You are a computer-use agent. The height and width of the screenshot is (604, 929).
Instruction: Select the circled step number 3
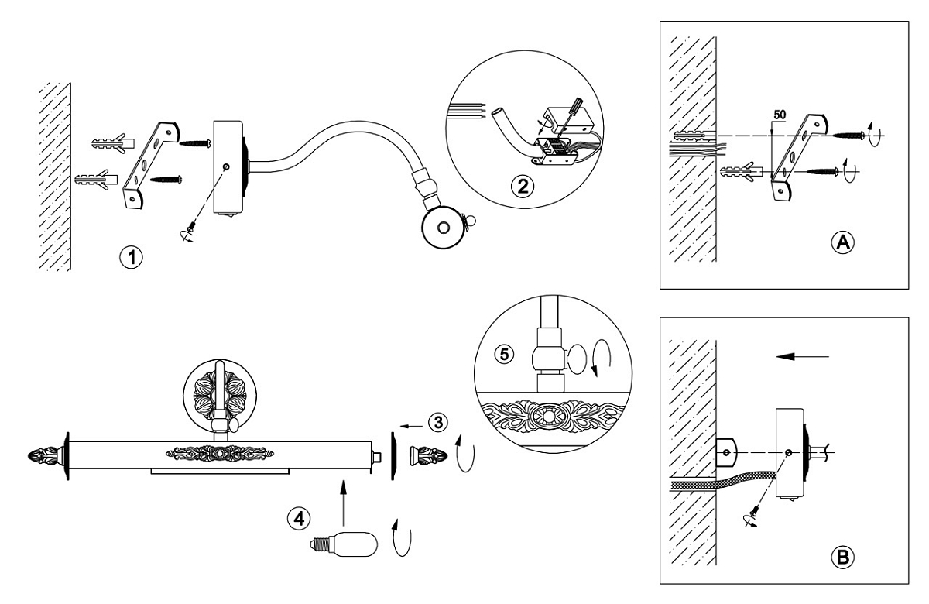(x=438, y=422)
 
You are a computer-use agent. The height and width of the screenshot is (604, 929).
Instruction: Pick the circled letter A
(x=843, y=242)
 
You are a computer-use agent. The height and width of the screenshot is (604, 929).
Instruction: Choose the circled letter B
(x=843, y=555)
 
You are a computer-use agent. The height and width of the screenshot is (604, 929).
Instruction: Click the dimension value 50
(x=781, y=114)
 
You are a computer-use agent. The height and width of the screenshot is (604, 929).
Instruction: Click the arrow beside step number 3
(x=414, y=424)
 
